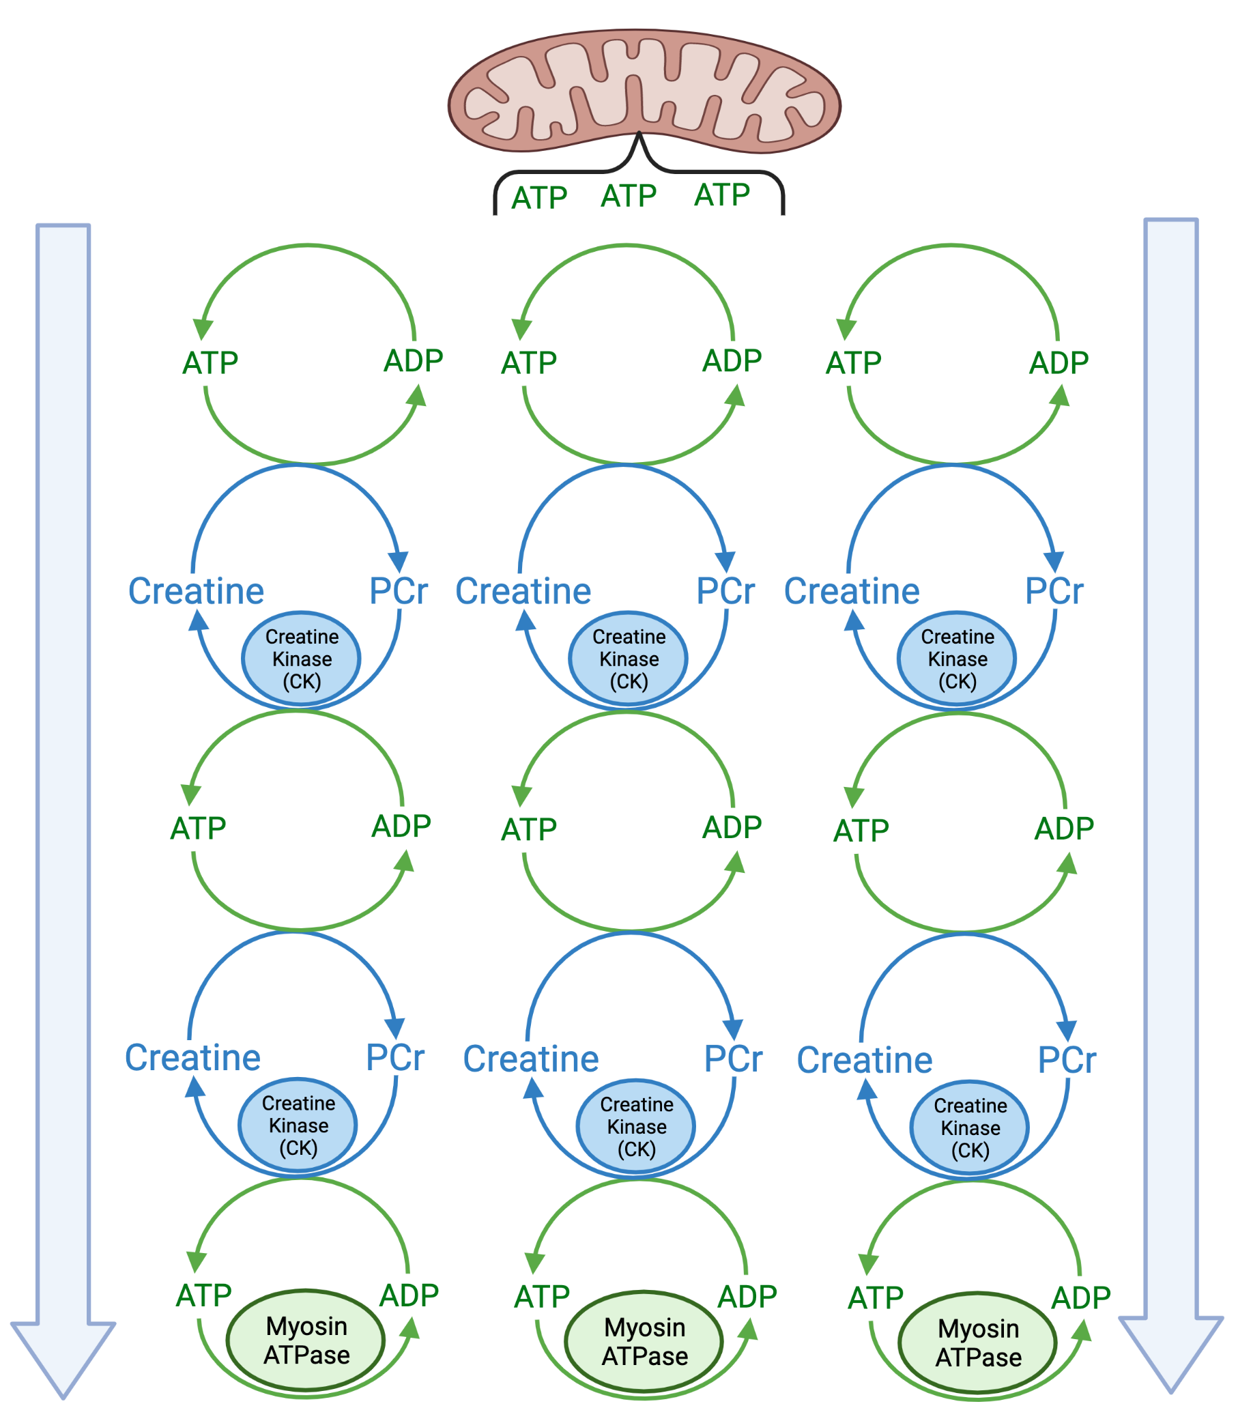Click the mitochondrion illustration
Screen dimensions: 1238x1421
(644, 91)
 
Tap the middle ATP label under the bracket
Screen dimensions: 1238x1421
(629, 196)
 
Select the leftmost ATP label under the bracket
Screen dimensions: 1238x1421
(540, 198)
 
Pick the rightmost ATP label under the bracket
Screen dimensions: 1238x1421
(722, 195)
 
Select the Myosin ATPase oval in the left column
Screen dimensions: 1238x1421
(306, 1340)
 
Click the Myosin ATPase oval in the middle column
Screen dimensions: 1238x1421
(644, 1342)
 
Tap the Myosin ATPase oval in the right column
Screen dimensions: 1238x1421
(977, 1343)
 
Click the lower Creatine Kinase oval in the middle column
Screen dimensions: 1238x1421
(636, 1127)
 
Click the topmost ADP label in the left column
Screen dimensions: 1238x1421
(413, 360)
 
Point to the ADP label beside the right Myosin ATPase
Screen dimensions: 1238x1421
(1080, 1298)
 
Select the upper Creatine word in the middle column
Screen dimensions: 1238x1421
(523, 591)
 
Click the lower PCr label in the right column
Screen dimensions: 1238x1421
(1067, 1061)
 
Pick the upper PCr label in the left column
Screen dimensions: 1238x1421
(398, 591)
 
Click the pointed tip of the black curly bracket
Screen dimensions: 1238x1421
(639, 132)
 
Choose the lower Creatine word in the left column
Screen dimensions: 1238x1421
(192, 1059)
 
